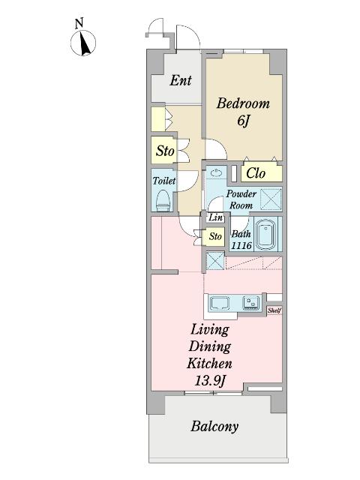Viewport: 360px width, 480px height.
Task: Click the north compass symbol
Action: [x=83, y=43]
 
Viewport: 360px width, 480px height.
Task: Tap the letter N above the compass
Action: [x=79, y=23]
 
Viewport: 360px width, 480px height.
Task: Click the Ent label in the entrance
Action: [x=181, y=80]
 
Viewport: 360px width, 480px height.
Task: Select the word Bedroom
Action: [x=243, y=103]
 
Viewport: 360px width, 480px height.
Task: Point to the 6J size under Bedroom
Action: [x=243, y=121]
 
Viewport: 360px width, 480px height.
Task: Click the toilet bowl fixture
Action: [x=163, y=200]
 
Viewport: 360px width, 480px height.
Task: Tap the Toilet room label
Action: [x=164, y=181]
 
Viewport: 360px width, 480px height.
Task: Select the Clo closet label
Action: [x=256, y=173]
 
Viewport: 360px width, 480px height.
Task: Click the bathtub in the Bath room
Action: [x=265, y=235]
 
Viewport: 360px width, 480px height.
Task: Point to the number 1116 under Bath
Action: [x=241, y=245]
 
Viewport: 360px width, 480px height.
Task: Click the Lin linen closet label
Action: [x=215, y=217]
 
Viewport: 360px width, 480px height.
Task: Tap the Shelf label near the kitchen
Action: [x=274, y=310]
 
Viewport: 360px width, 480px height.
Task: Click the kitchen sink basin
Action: [x=220, y=303]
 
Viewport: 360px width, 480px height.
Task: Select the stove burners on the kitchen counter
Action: [x=251, y=303]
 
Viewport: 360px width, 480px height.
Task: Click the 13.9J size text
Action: [x=210, y=381]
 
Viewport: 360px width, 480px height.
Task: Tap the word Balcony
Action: [x=214, y=427]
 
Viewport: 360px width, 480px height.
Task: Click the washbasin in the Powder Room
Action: [x=217, y=172]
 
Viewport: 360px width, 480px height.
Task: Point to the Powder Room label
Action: [x=241, y=199]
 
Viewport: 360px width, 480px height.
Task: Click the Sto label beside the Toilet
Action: [x=165, y=151]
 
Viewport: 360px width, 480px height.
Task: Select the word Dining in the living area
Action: [x=210, y=347]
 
